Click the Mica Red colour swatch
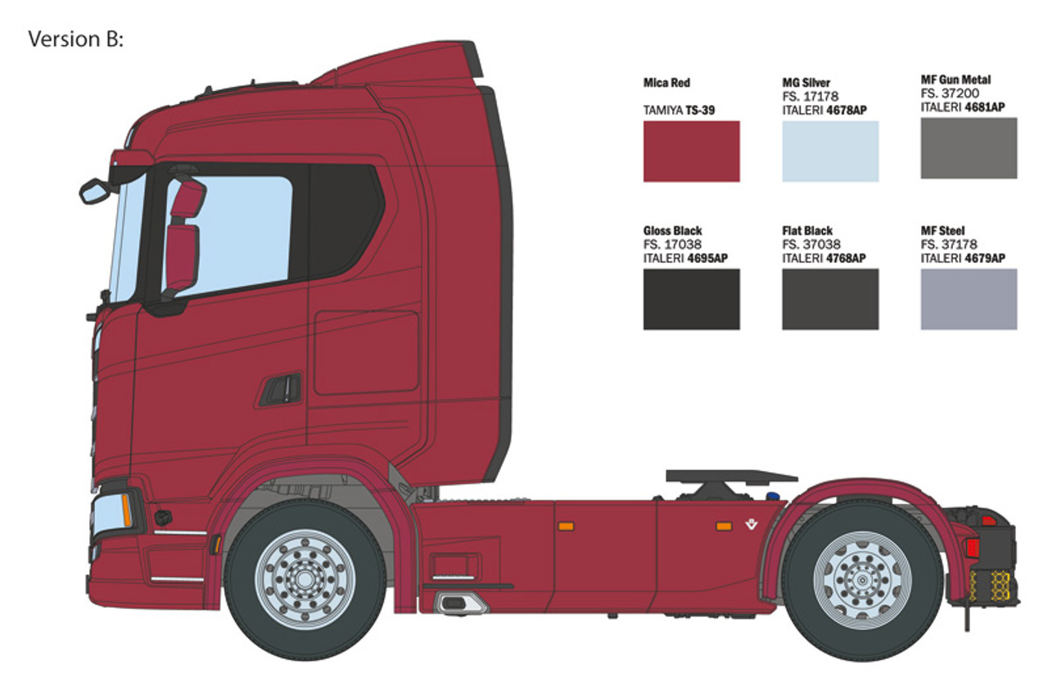[x=691, y=151]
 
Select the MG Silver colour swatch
[x=830, y=151]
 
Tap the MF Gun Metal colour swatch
[x=969, y=148]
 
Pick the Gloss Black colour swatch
[x=691, y=299]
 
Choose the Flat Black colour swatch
[x=830, y=299]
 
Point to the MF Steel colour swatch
[x=969, y=299]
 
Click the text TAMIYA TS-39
[x=679, y=109]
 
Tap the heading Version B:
[x=75, y=39]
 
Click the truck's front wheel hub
[x=305, y=578]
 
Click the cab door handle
[x=281, y=389]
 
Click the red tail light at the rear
[x=972, y=547]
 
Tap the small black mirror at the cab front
[x=95, y=191]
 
